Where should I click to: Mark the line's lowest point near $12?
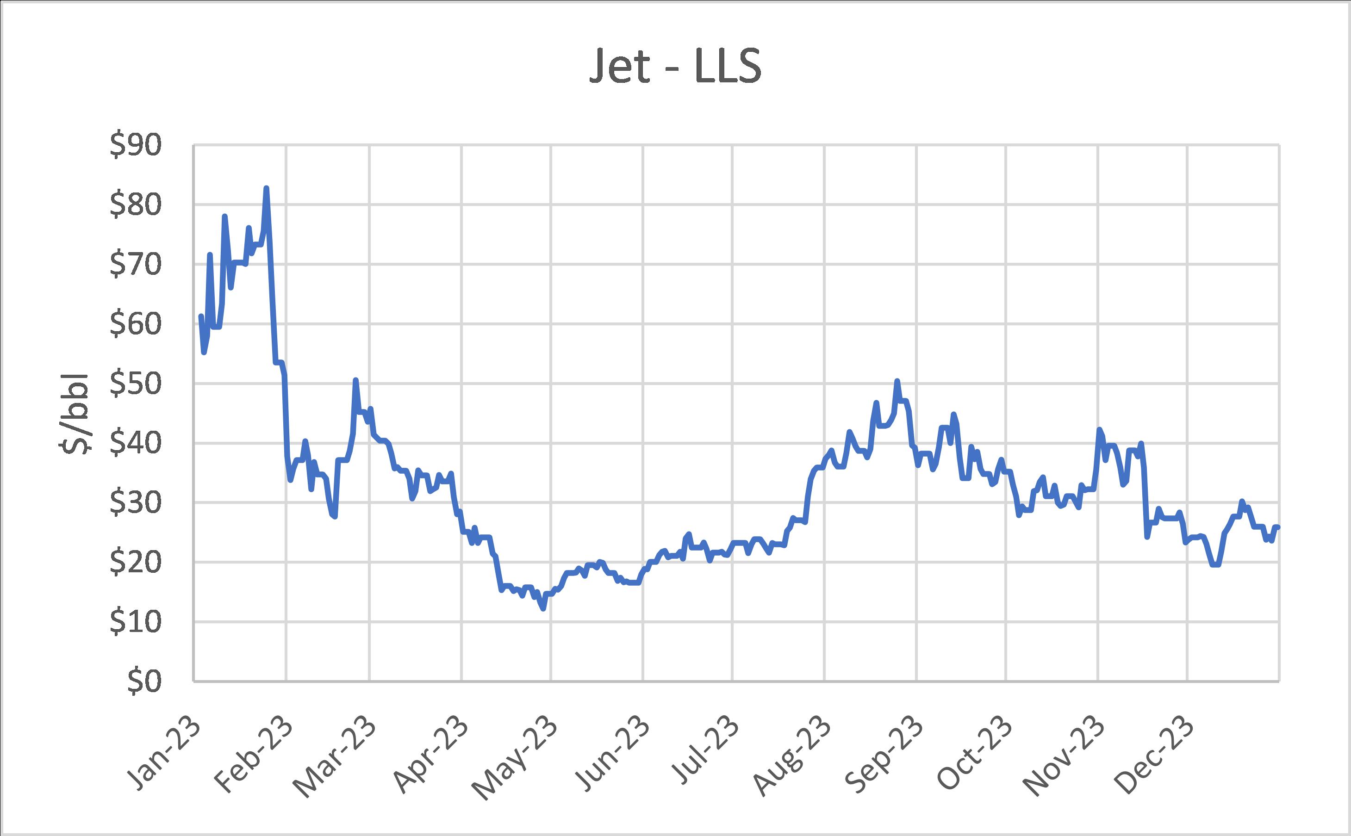pyautogui.click(x=544, y=608)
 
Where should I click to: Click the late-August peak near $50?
pyautogui.click(x=897, y=381)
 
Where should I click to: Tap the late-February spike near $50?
pyautogui.click(x=355, y=380)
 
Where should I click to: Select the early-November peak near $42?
pyautogui.click(x=1099, y=429)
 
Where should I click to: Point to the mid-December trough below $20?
pyautogui.click(x=1215, y=564)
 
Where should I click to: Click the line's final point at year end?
pyautogui.click(x=1278, y=526)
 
